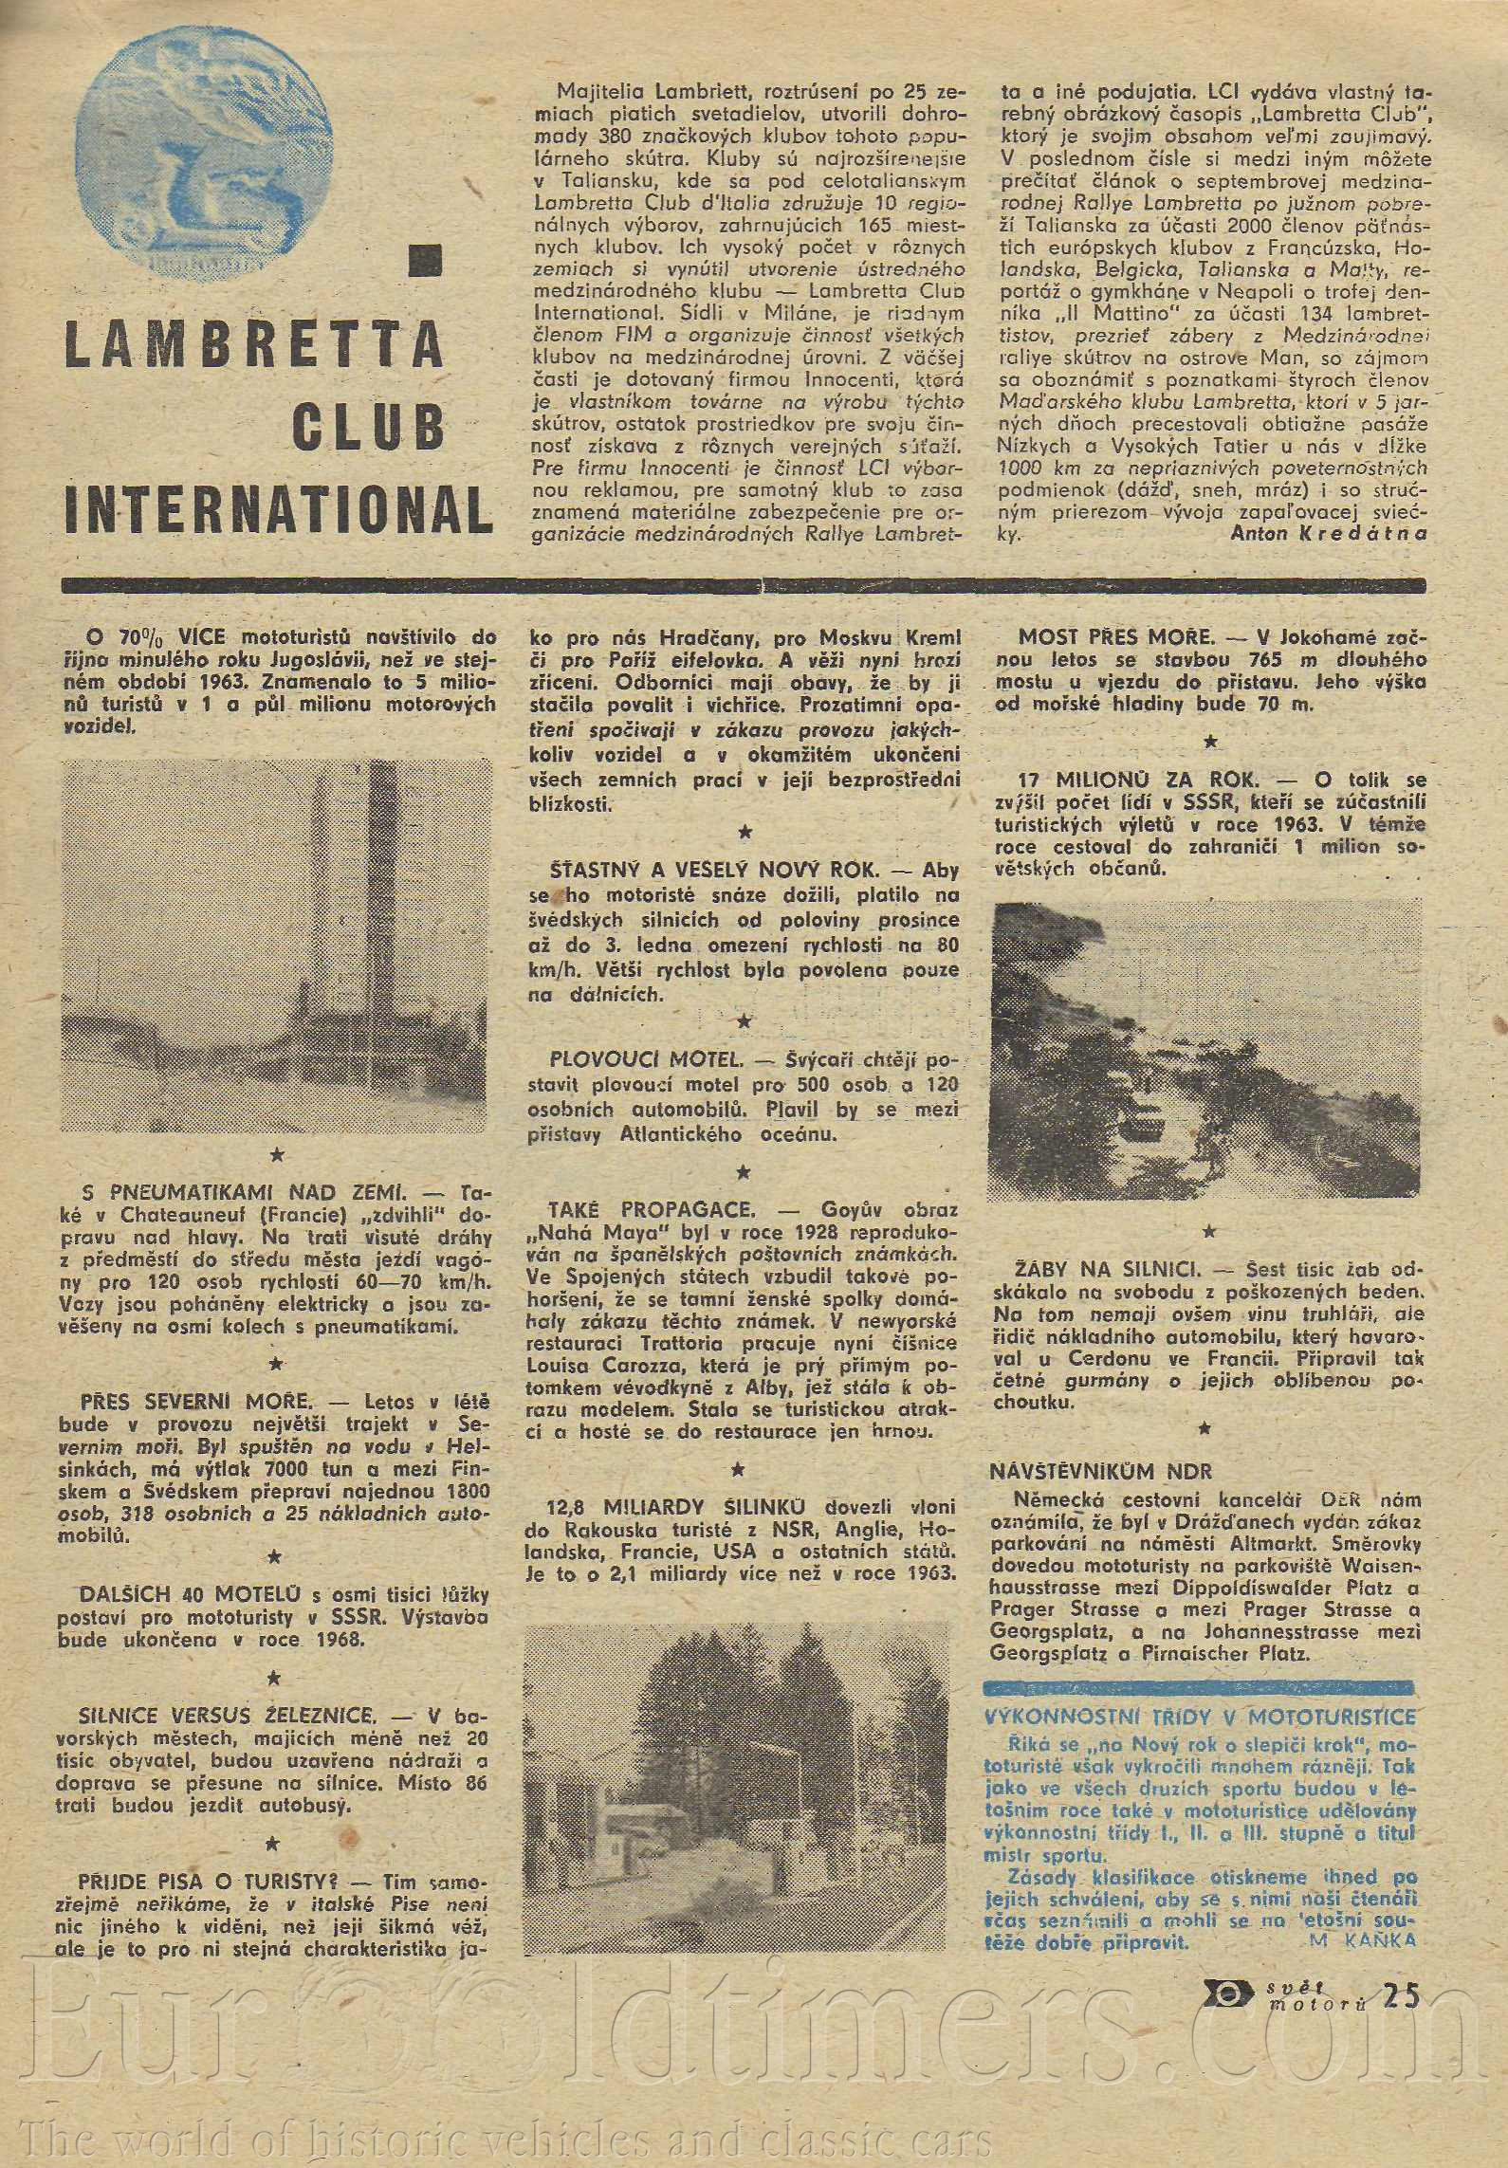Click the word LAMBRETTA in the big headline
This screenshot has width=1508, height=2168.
click(x=254, y=345)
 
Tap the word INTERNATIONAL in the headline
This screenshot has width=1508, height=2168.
click(x=278, y=510)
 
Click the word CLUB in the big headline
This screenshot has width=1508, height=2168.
click(x=368, y=429)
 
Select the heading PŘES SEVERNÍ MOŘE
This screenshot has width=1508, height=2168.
click(x=183, y=1400)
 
